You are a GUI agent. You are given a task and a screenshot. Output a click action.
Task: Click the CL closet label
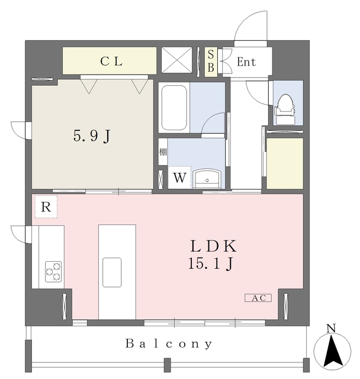coord(111,62)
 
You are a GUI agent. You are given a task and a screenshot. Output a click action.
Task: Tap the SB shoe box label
coord(211,62)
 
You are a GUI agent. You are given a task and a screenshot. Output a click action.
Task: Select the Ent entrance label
coord(246,62)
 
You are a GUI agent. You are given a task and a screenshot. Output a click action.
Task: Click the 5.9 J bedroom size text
coord(92,136)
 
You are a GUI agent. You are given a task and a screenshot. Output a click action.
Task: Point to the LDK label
coord(214,246)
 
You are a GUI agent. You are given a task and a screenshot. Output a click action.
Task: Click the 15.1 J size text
coord(210,263)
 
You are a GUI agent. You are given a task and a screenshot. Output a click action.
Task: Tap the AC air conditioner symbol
coord(258,298)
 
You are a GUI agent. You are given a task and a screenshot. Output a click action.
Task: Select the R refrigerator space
coord(46,207)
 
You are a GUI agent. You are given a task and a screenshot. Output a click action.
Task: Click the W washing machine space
coord(179,178)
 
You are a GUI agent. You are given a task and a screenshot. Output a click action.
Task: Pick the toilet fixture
coord(285,109)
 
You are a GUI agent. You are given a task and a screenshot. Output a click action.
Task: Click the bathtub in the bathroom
coord(174,108)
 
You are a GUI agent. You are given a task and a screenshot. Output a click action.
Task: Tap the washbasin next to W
coord(207,179)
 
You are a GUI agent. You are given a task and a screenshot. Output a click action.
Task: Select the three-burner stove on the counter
coord(53,271)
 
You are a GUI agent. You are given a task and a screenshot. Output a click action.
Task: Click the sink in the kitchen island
coord(112,272)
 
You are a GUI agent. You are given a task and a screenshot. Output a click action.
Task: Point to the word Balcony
coord(169,343)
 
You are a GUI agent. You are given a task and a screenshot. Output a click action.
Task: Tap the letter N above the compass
coord(331,329)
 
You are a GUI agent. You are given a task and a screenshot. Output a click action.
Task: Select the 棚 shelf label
coord(163,152)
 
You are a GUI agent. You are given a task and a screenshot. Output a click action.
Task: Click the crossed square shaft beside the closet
coord(176,60)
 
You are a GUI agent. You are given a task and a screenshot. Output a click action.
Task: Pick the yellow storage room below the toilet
coord(285,163)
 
